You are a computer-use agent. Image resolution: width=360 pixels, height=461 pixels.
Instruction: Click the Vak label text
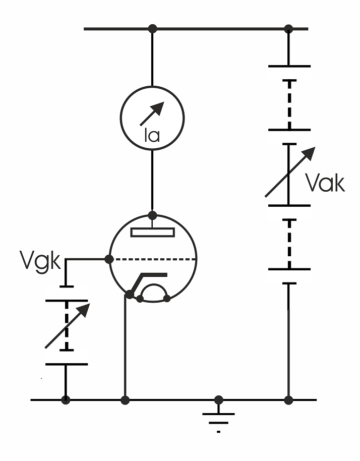pyautogui.click(x=325, y=183)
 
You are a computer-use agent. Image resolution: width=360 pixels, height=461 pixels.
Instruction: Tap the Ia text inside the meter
pyautogui.click(x=152, y=135)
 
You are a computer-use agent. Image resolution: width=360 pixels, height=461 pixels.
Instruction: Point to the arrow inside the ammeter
pyautogui.click(x=152, y=113)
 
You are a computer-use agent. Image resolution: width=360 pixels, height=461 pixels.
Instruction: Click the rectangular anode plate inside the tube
pyautogui.click(x=153, y=233)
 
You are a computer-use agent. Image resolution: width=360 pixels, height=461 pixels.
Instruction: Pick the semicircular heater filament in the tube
pyautogui.click(x=154, y=284)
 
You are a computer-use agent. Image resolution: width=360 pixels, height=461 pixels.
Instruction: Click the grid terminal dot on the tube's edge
pyautogui.click(x=109, y=259)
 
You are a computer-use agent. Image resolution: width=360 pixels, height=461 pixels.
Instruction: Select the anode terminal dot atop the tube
pyautogui.click(x=152, y=215)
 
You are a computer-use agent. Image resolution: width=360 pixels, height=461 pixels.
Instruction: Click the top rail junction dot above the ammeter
pyautogui.click(x=152, y=29)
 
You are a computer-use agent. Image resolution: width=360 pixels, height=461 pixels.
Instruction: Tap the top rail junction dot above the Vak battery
pyautogui.click(x=288, y=29)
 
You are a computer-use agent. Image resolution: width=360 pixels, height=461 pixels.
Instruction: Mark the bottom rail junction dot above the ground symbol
pyautogui.click(x=218, y=400)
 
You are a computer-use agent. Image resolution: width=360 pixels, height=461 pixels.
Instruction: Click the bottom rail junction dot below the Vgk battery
pyautogui.click(x=66, y=400)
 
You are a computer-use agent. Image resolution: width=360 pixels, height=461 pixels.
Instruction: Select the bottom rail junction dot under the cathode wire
pyautogui.click(x=125, y=400)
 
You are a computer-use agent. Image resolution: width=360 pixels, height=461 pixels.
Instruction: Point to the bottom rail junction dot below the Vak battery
pyautogui.click(x=288, y=400)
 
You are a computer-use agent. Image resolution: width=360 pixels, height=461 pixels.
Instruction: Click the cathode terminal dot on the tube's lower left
pyautogui.click(x=130, y=294)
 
